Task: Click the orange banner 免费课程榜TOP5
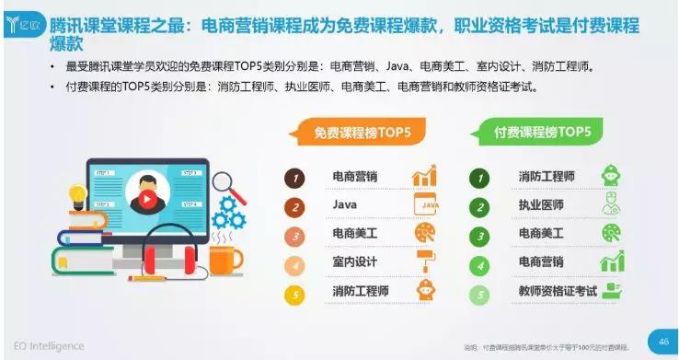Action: tap(363, 132)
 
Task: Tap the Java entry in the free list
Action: tap(345, 205)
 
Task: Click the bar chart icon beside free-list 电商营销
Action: tap(424, 176)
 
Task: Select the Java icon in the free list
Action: tap(425, 204)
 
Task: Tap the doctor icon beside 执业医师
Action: tap(610, 204)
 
